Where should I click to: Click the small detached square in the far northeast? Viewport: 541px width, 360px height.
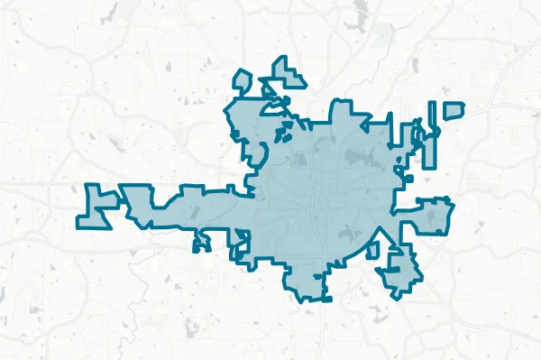click(x=454, y=110)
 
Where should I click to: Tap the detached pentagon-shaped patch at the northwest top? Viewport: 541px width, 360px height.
click(x=241, y=81)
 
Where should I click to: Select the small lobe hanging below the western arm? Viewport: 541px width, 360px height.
click(x=201, y=242)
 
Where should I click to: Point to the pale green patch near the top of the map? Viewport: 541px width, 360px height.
click(x=382, y=36)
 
